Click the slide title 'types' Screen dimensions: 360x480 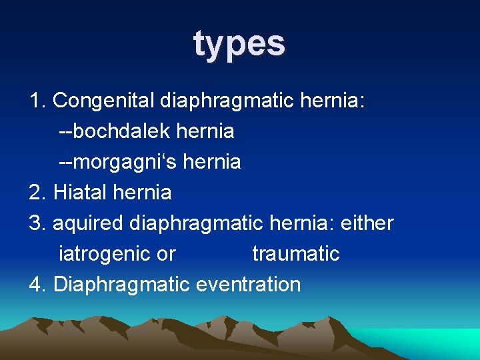239,43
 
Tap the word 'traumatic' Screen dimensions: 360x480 295,254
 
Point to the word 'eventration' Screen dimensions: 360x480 248,285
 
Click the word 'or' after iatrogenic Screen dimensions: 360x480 166,254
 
